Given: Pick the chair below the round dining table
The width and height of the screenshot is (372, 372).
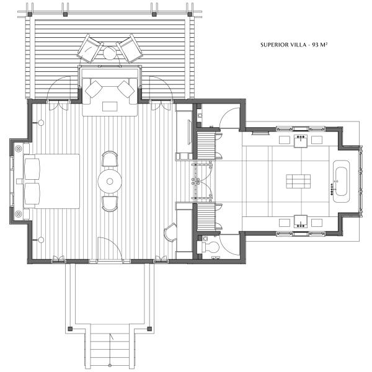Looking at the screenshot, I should pyautogui.click(x=110, y=203).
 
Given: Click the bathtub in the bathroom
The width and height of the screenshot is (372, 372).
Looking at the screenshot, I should pyautogui.click(x=342, y=180).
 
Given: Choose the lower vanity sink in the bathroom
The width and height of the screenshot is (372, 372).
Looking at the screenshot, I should pyautogui.click(x=301, y=222).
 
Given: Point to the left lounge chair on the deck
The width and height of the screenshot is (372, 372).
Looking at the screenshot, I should pyautogui.click(x=90, y=47).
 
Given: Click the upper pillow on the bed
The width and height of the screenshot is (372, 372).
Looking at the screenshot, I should pyautogui.click(x=32, y=168).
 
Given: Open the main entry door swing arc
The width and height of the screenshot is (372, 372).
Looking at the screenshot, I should pyautogui.click(x=105, y=248).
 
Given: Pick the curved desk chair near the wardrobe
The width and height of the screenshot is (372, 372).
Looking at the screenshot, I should pyautogui.click(x=169, y=234).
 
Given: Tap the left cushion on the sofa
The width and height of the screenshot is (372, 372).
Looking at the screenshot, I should pyautogui.click(x=94, y=89).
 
